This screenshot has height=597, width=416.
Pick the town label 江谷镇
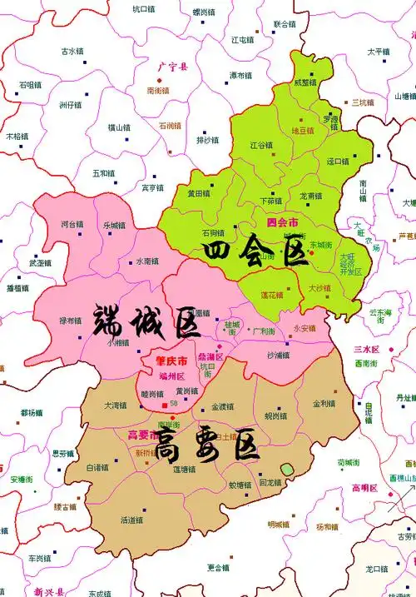pos(261,144)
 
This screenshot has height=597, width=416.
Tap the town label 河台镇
pos(72,224)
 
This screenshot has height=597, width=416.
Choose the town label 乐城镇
pos(114,226)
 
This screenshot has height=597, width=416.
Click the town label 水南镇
pos(147,260)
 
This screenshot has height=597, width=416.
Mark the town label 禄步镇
pos(70,321)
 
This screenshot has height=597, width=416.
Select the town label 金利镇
pos(324,404)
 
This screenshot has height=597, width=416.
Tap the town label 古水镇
pos(72,51)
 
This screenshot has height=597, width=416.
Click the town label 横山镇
pos(119,127)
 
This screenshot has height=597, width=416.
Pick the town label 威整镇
pos(305,82)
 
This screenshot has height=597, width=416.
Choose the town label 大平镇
pos(378,52)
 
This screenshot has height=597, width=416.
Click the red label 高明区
pos(365,488)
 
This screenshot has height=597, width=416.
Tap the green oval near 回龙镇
pos(287,470)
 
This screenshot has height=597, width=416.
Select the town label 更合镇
pos(218,568)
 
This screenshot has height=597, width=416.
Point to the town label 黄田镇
pos(198,193)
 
